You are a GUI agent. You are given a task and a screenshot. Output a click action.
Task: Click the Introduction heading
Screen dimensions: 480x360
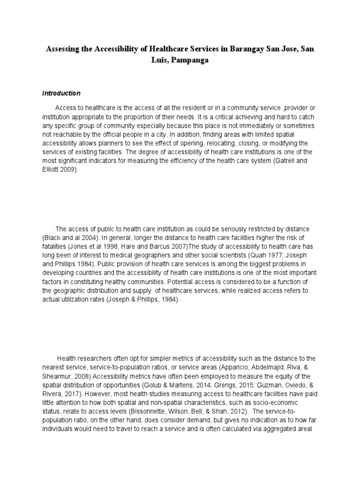click(61, 93)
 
